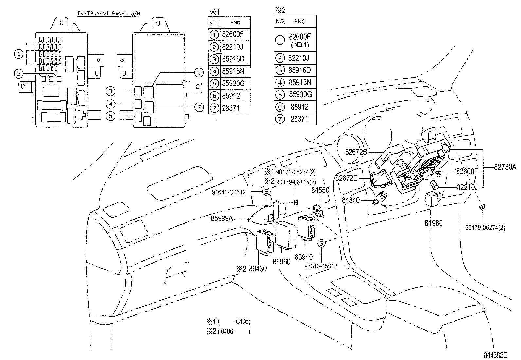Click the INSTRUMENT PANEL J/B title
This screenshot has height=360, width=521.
(x=109, y=13)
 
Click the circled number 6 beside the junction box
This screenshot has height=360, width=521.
(x=199, y=73)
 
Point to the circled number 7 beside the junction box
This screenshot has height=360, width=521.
(x=199, y=107)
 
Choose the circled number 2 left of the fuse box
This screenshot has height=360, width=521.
(x=19, y=74)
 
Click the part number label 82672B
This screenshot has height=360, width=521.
(x=356, y=152)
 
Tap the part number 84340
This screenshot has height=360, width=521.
(x=350, y=200)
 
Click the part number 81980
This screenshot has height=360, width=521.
(x=434, y=223)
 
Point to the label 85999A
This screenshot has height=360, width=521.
(x=222, y=218)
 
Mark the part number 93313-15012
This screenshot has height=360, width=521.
(x=321, y=266)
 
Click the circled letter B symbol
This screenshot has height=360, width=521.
(x=266, y=191)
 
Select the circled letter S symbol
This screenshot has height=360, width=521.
(x=321, y=243)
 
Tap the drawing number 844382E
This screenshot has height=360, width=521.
(x=495, y=355)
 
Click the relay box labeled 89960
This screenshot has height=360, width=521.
(x=286, y=235)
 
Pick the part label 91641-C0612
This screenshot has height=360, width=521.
(x=229, y=192)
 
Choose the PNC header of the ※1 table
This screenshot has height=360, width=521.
(x=235, y=23)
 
